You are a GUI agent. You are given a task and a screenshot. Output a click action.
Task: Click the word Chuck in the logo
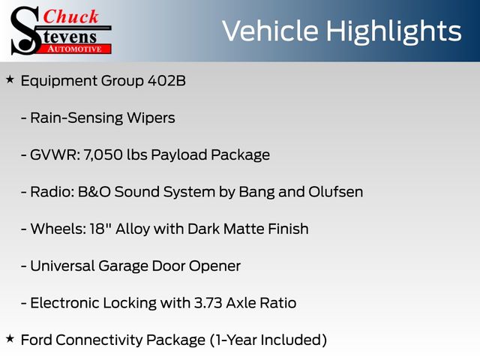[70, 16]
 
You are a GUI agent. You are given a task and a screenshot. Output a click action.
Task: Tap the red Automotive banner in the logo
[75, 49]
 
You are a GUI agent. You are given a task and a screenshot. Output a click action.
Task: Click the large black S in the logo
[25, 31]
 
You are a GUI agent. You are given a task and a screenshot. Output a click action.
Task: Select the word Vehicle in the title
[270, 31]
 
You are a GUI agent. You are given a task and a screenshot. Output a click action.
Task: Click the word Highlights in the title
[394, 31]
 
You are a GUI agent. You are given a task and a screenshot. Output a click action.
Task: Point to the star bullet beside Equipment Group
[10, 79]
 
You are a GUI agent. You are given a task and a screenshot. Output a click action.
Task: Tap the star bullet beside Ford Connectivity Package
[10, 338]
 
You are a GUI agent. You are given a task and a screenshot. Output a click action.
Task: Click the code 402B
[166, 81]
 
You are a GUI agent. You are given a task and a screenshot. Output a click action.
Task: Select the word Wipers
[151, 118]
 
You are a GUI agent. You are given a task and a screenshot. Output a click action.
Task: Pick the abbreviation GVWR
[55, 155]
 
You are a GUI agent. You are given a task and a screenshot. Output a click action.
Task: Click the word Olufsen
[336, 192]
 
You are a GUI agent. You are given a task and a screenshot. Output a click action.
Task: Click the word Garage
[123, 266]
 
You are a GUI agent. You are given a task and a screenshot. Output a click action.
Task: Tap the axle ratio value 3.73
[208, 303]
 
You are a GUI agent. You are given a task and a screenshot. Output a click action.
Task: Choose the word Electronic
[64, 303]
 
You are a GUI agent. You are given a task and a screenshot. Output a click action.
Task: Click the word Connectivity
[100, 340]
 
